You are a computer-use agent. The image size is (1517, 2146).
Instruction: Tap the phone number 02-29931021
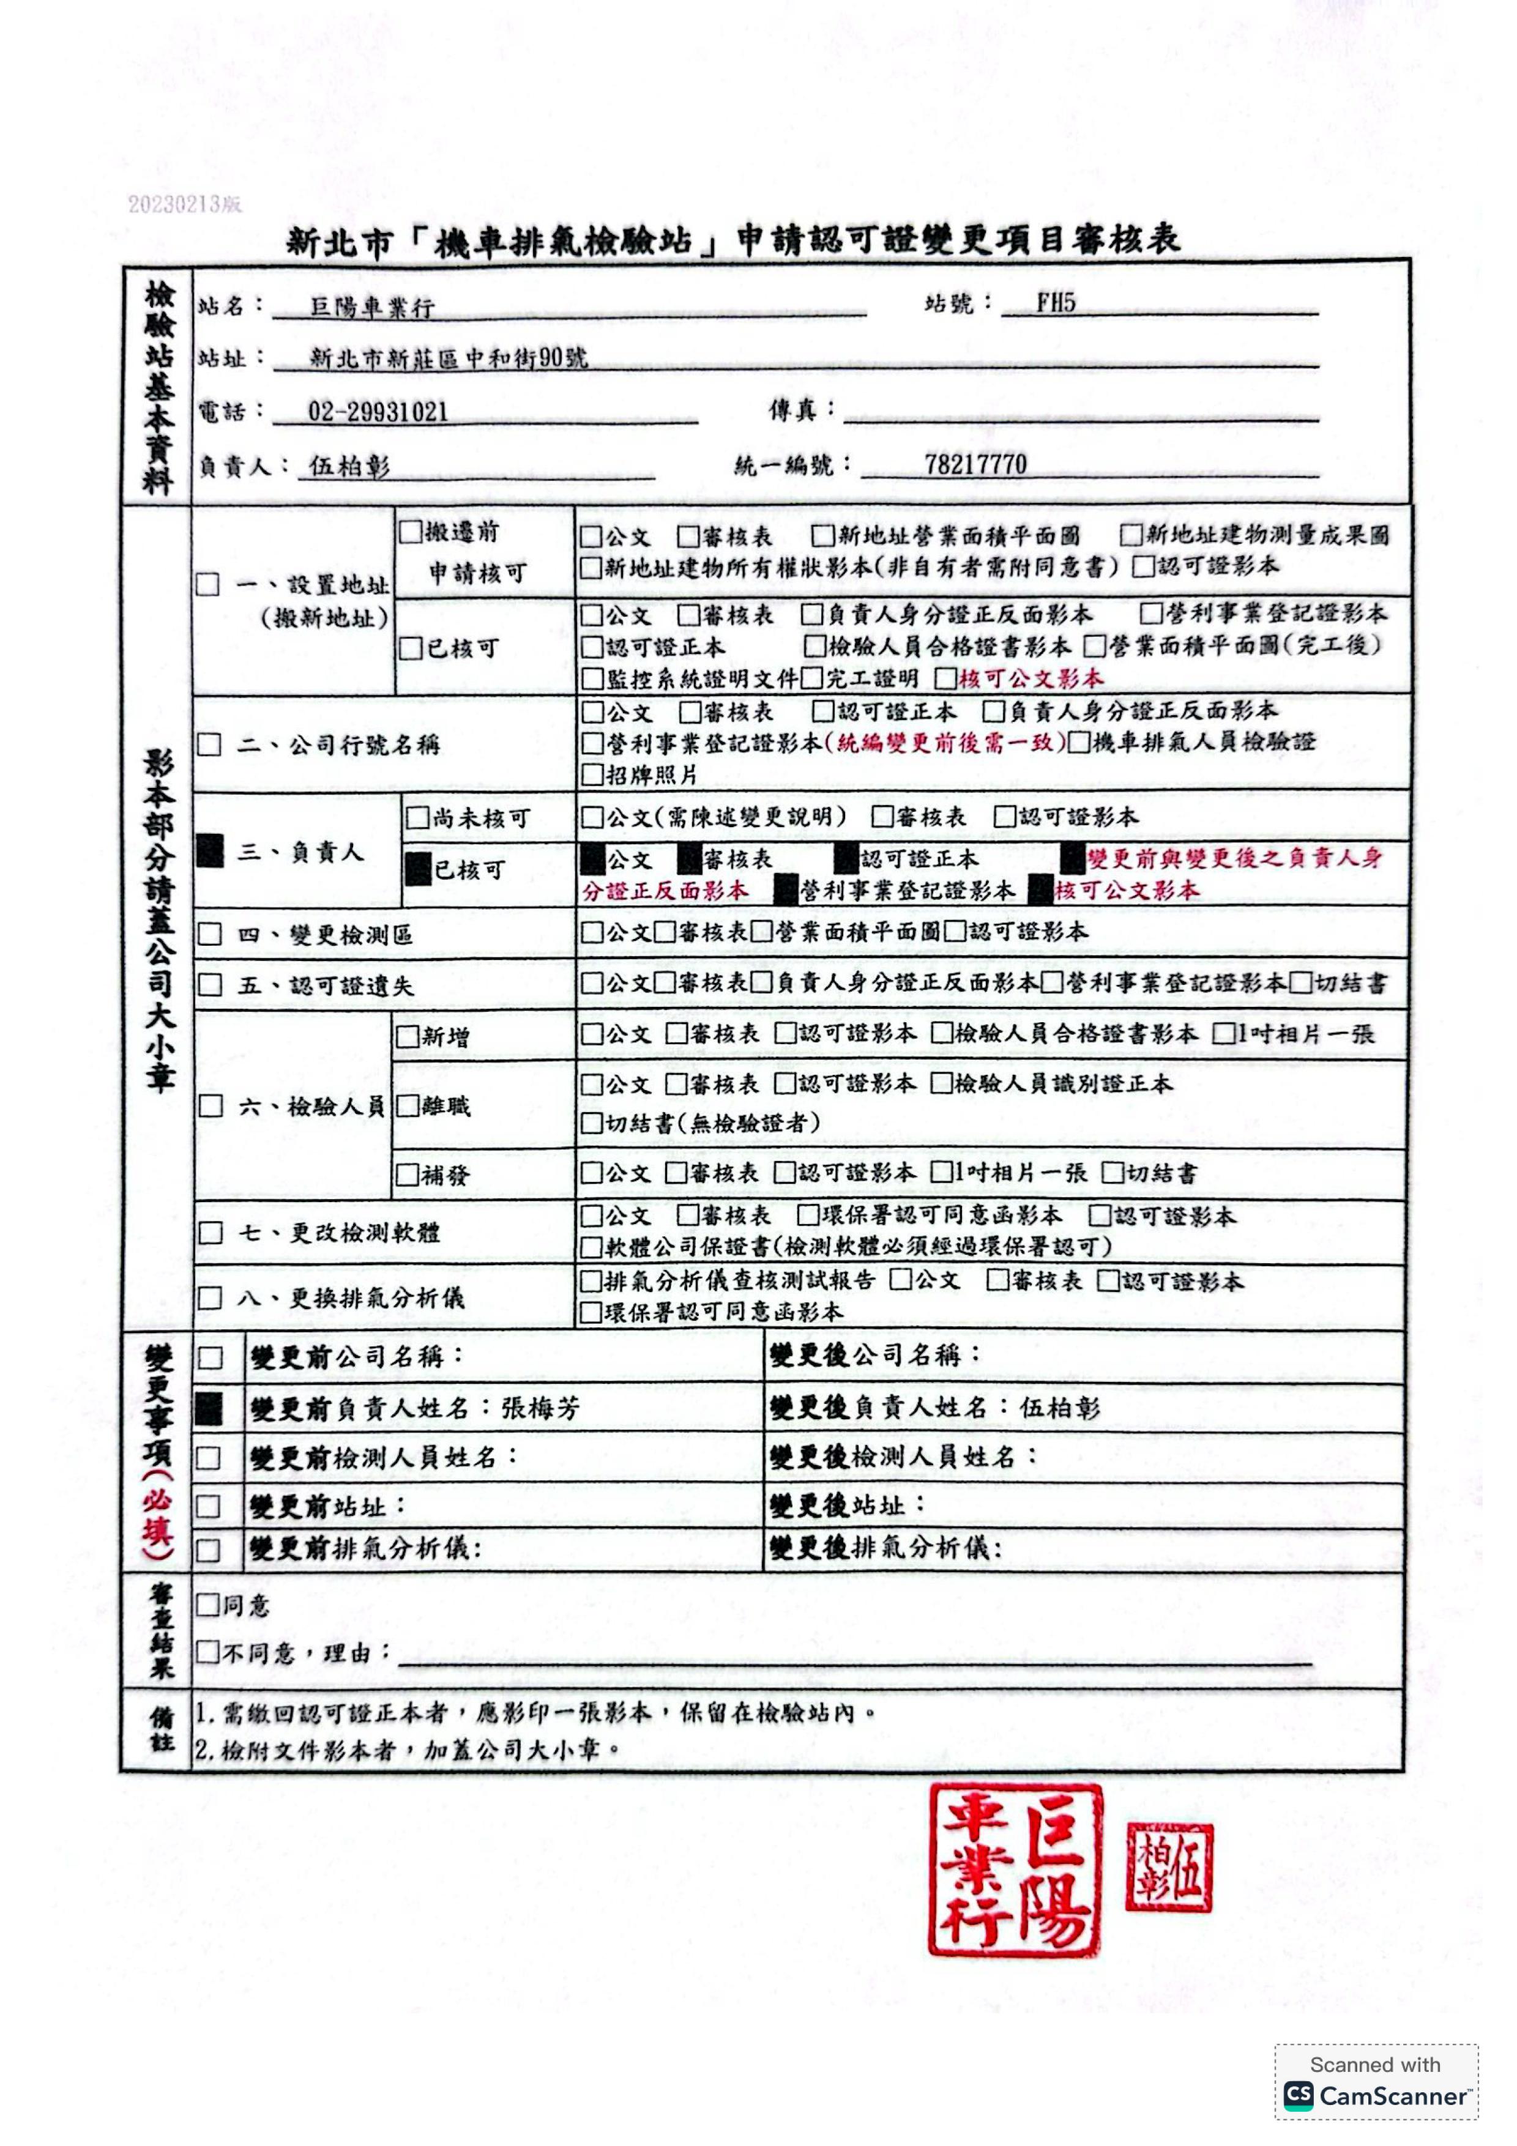(x=378, y=412)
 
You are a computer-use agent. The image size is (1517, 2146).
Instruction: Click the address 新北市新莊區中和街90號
(x=449, y=358)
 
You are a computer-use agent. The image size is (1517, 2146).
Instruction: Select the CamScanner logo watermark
(x=1376, y=2095)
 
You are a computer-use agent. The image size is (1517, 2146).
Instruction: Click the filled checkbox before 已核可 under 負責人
(x=417, y=870)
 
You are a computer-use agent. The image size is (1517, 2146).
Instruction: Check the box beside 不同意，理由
(x=207, y=1652)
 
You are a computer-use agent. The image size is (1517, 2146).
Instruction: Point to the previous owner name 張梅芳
(x=540, y=1409)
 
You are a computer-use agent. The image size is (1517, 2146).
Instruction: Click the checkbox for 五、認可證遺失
(x=211, y=985)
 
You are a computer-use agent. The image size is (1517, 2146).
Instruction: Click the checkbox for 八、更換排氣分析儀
(x=211, y=1298)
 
